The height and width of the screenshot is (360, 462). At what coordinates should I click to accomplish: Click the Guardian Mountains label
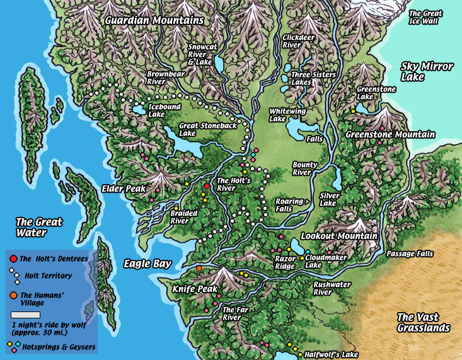point(154,20)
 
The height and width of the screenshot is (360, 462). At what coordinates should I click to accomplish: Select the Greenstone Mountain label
point(390,134)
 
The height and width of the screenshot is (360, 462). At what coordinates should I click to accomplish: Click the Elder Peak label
point(124,189)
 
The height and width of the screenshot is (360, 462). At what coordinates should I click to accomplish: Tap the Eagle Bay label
point(147,264)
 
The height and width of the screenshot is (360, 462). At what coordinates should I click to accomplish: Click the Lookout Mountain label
point(339,236)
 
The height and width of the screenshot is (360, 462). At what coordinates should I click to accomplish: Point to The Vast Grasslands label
point(423,322)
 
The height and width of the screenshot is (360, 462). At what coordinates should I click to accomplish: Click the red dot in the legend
point(13,258)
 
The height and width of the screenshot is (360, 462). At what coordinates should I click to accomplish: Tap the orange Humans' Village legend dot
point(13,295)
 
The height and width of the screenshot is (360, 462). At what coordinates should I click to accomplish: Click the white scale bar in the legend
point(25,315)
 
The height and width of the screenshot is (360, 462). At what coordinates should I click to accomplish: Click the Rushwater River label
point(332,288)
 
